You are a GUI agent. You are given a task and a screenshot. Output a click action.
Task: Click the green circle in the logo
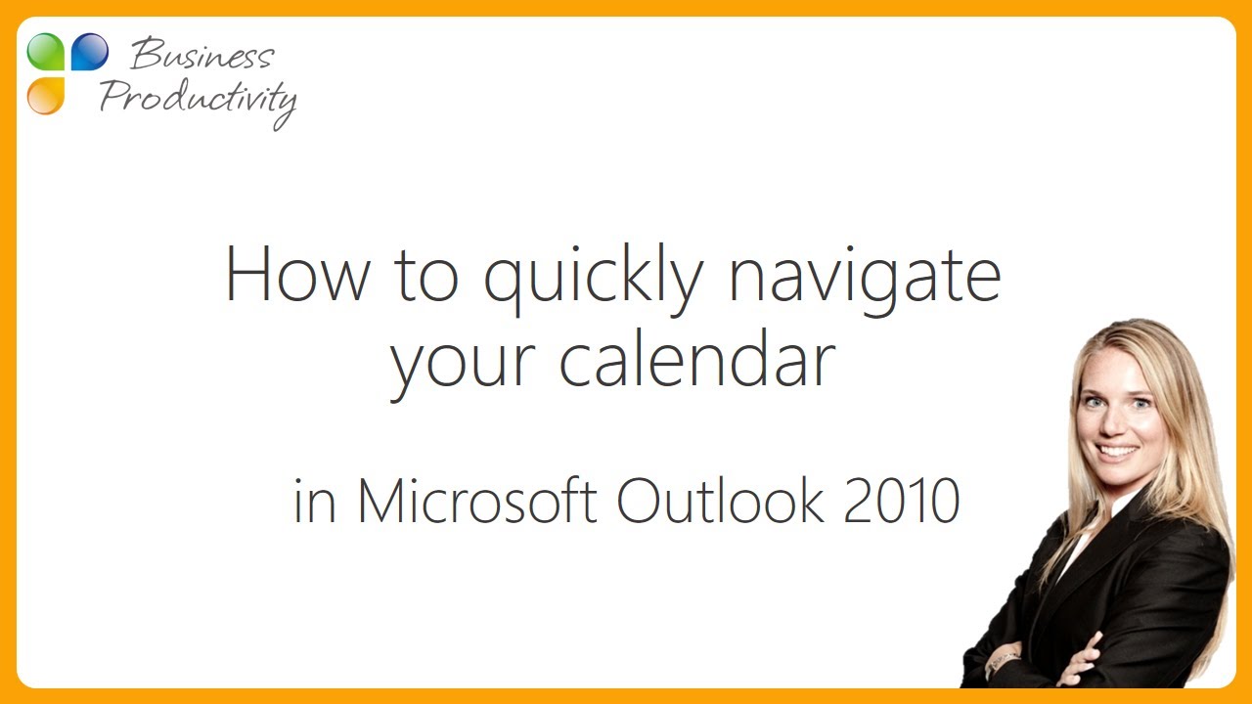coord(45,52)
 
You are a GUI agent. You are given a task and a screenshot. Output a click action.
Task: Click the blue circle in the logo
coord(90,52)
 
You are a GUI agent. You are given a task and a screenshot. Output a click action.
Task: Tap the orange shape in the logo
coord(46,96)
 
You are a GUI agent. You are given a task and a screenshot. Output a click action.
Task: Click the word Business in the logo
coord(201,55)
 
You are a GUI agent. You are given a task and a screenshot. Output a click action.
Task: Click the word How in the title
coord(297,276)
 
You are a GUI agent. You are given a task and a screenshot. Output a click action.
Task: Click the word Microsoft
coord(477,501)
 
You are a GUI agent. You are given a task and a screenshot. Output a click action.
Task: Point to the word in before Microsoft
coord(315,501)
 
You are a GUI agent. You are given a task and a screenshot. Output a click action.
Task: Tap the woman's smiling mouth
coord(1117,453)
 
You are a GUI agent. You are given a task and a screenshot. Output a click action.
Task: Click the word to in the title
coord(426,278)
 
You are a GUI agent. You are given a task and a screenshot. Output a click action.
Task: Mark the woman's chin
coord(1118,476)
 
